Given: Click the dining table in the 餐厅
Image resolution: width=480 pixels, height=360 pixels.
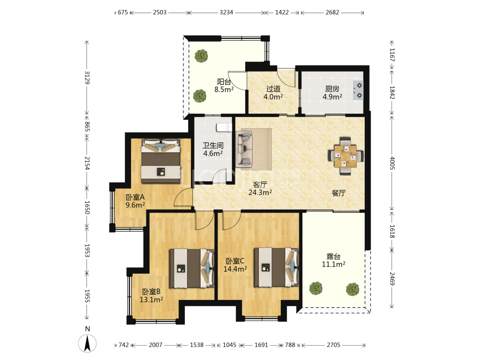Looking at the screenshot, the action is coord(345,156).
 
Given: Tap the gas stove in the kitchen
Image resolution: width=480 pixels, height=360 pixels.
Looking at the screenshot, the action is coord(358,90).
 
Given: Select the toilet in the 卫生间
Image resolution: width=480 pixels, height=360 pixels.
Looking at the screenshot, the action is coord(224,127).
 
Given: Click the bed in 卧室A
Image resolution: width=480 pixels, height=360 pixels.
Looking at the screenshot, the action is coord(161,161).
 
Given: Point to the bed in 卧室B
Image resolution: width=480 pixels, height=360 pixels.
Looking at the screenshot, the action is coord(192,268).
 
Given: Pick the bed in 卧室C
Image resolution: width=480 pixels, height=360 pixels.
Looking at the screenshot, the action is coord(276,267).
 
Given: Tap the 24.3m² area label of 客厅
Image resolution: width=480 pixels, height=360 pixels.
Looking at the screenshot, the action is coord(260,192).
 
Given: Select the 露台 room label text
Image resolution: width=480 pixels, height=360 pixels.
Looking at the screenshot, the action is coord(334,256).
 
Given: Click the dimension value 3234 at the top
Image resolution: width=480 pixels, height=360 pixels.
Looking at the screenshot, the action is coord(226,12).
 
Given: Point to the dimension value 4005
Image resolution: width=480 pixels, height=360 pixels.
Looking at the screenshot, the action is coord(392,163).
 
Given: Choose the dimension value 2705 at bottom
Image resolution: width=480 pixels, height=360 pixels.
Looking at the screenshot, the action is coord(334,345).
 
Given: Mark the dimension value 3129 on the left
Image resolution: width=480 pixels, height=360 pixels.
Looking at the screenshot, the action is coord(87,77).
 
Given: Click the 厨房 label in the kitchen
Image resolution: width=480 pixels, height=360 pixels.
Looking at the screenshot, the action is coord(332,89).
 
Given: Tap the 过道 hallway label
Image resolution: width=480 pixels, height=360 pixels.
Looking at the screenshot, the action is coord(273,89).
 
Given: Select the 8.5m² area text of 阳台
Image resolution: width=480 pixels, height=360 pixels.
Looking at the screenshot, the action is coord(224,90).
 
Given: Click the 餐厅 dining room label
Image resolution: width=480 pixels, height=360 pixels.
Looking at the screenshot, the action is coord(339,193).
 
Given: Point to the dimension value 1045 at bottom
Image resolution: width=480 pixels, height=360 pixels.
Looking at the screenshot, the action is coord(229,345).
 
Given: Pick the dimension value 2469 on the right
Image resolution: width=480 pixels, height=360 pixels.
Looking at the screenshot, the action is coord(392,278).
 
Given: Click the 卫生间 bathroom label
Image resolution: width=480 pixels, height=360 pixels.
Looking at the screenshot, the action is coord(213,145).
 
